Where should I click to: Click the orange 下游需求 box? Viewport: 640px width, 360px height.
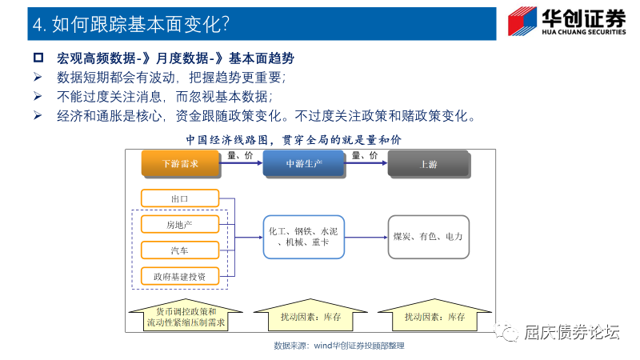coord(180,163)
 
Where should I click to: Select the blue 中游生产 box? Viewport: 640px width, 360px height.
coord(303,163)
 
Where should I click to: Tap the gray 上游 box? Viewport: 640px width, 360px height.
coord(428,163)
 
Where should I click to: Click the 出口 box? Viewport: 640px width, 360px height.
coord(179,198)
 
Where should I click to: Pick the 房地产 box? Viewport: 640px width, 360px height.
coord(179,225)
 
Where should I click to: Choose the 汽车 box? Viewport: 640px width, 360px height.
coord(179,250)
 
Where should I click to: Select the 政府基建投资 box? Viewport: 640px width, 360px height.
coord(179,277)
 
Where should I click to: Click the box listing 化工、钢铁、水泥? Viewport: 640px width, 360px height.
coord(303,237)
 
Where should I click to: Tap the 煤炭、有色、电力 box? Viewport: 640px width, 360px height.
coord(428,237)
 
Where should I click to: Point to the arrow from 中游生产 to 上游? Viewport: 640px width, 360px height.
coord(365,163)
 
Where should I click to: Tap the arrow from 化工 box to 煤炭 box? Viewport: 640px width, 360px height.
coord(366,237)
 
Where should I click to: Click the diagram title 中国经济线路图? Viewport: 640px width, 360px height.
coord(293,139)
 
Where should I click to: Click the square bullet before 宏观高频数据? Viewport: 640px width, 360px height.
coord(38,59)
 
